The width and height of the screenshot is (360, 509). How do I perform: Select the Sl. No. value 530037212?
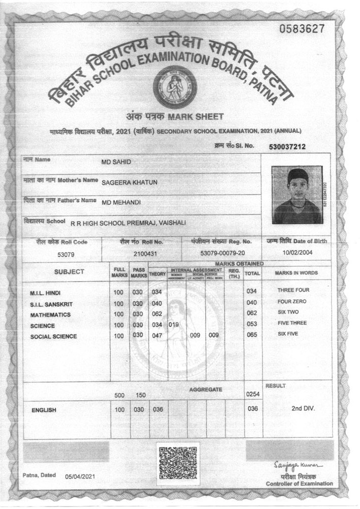(x=287, y=147)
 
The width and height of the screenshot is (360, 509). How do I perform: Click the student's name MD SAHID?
(x=117, y=161)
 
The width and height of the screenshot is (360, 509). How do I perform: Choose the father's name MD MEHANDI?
(x=121, y=202)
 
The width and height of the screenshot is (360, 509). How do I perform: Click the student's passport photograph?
(x=297, y=195)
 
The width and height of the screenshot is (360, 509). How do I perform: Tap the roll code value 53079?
(x=66, y=253)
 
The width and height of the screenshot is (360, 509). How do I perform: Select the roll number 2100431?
(x=145, y=253)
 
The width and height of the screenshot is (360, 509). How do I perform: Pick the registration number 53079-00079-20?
(x=222, y=253)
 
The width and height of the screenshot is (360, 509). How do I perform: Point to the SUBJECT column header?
(x=69, y=272)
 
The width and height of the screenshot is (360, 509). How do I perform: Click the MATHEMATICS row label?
(x=51, y=315)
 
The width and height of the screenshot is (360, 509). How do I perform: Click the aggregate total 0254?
(x=252, y=394)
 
